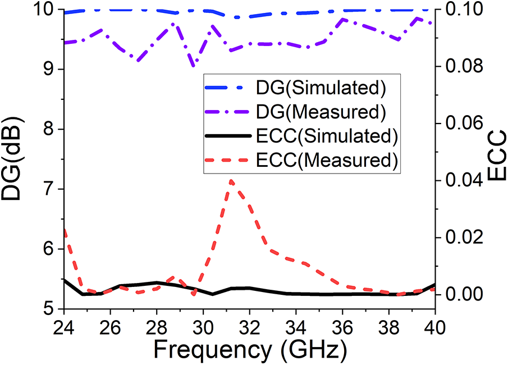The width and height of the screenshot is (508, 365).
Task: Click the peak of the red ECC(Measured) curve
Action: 231,180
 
